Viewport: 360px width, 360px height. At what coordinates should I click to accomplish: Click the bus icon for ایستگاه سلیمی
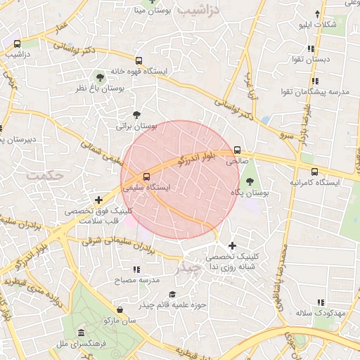click(146, 177)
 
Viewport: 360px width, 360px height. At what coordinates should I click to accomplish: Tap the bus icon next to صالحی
click(237, 150)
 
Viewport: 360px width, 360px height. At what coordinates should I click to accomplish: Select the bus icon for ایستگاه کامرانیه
click(314, 171)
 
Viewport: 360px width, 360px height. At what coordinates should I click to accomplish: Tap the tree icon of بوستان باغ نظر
click(99, 75)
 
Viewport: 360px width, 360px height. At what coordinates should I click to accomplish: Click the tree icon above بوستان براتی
click(136, 115)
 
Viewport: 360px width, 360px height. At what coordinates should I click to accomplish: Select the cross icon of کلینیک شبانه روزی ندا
click(232, 245)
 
